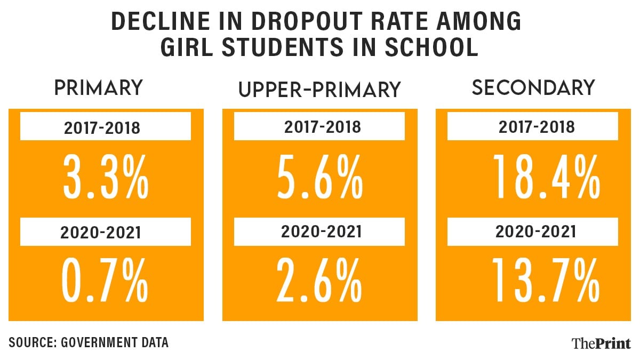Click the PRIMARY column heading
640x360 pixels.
[99, 88]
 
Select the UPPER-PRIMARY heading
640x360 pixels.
[319, 90]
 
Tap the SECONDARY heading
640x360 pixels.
[533, 88]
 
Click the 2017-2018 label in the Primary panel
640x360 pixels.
[105, 129]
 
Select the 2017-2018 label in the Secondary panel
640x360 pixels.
[536, 127]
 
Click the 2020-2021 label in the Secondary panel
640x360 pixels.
[536, 232]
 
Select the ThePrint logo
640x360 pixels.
[601, 343]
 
